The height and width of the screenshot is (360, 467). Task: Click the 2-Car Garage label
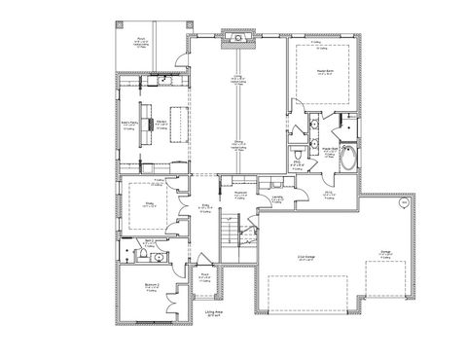pos(304,257)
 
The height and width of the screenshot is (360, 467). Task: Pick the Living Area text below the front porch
pos(215,313)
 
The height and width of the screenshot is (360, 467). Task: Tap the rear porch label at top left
pos(140,42)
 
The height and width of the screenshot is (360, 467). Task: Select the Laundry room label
pos(277,198)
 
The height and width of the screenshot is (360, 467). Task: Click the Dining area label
pos(236,144)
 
